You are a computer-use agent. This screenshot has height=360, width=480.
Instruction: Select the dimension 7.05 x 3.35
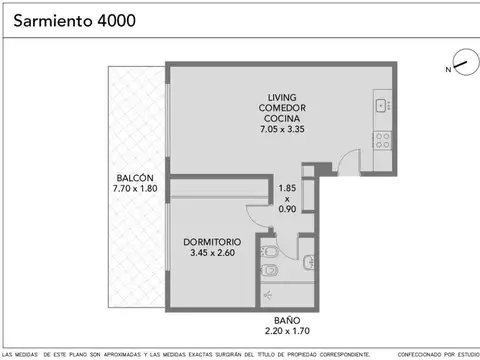click(279, 129)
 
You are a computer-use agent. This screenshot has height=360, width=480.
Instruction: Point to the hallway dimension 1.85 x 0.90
click(287, 198)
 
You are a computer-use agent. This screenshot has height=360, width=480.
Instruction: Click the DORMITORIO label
click(212, 242)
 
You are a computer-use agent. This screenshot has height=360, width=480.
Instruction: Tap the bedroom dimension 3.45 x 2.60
click(212, 253)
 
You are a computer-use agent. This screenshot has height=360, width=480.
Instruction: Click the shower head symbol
click(266, 296)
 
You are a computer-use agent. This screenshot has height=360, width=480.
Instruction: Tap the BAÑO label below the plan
click(285, 319)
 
